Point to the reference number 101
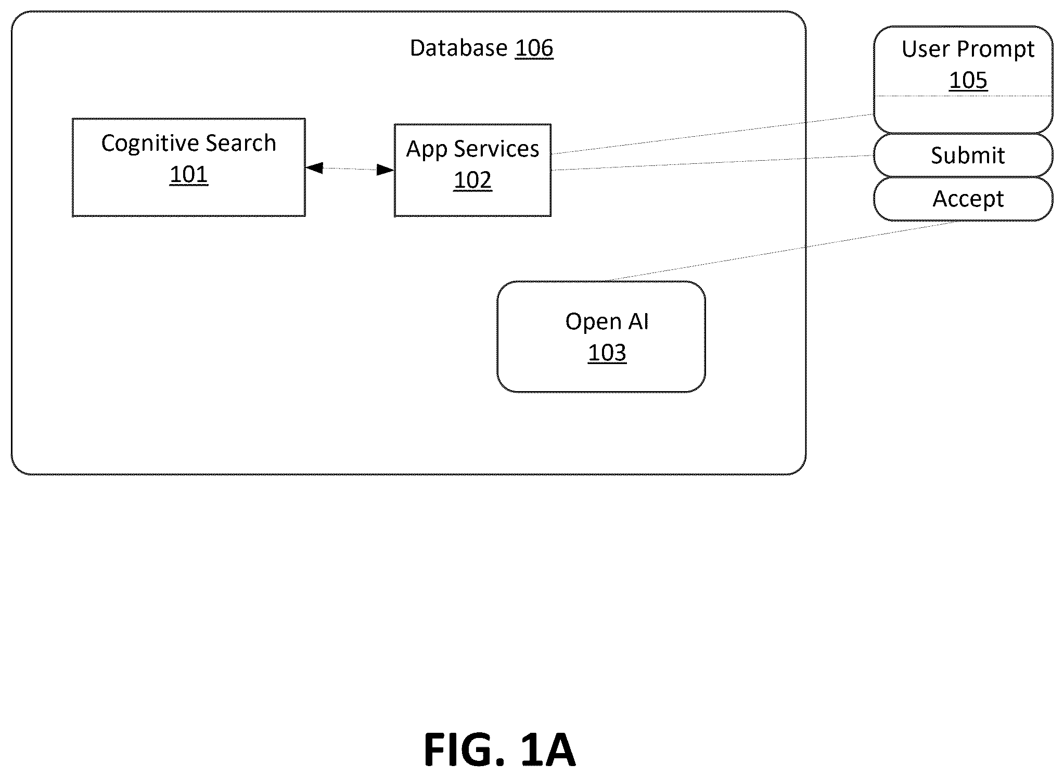click(189, 175)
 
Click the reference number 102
click(472, 180)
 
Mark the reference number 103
click(607, 353)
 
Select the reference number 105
click(968, 81)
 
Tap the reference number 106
click(534, 48)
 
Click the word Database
click(458, 48)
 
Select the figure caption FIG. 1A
click(499, 749)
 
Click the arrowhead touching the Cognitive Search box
click(314, 168)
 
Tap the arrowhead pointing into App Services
click(386, 170)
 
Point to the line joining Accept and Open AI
click(784, 251)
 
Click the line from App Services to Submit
click(712, 163)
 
